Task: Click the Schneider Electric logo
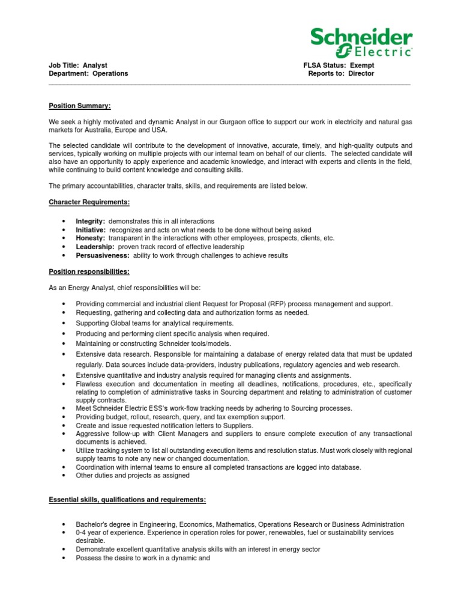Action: tap(361, 42)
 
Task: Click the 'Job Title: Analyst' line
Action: tap(78, 65)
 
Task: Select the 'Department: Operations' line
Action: tap(88, 73)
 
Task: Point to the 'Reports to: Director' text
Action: tap(341, 73)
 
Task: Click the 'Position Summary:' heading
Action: tap(80, 106)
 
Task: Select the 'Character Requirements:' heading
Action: tap(89, 202)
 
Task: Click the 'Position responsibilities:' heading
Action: tap(89, 271)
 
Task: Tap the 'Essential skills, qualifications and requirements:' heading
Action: tap(127, 499)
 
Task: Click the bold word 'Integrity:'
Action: tap(91, 222)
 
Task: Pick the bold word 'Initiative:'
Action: tap(91, 230)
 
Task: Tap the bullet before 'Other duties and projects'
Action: tap(64, 476)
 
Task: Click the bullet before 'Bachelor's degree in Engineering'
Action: tap(64, 524)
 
